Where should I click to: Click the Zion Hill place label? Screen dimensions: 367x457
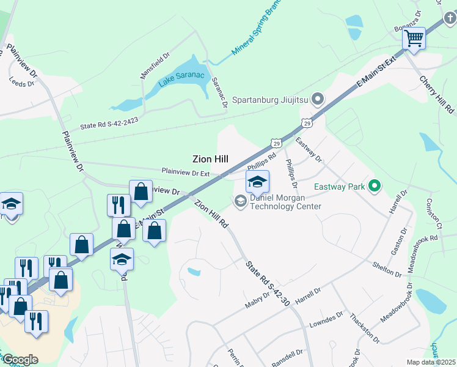[211, 158]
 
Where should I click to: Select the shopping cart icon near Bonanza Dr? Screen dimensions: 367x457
[414, 39]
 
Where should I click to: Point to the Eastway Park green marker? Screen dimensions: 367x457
[375, 187]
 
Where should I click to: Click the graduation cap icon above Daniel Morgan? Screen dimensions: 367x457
[257, 182]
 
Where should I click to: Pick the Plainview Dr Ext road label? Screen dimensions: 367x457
[185, 172]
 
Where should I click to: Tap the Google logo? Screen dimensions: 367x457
[20, 360]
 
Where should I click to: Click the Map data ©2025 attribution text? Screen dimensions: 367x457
[431, 362]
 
